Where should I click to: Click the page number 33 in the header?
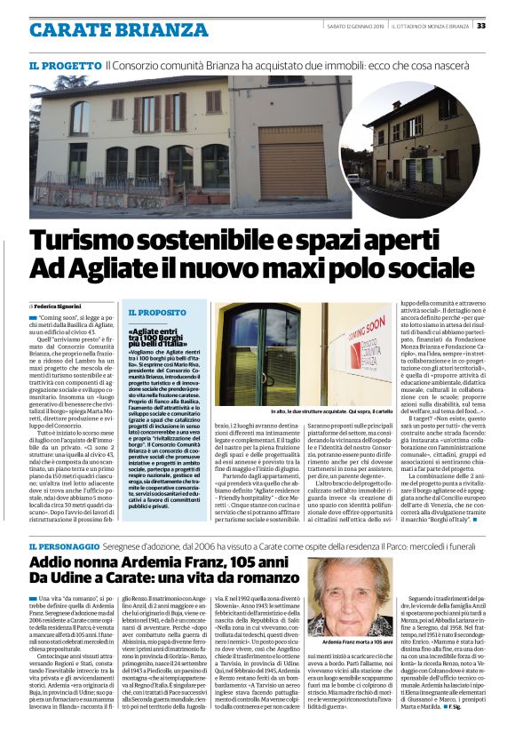(x=503, y=27)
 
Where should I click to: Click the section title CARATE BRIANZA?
(x=106, y=29)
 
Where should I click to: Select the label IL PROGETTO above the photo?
(x=63, y=66)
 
